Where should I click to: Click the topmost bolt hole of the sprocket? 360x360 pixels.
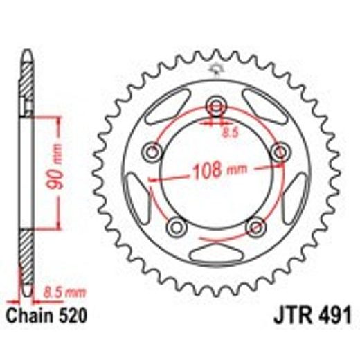click(217, 105)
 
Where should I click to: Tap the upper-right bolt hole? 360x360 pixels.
click(280, 152)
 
